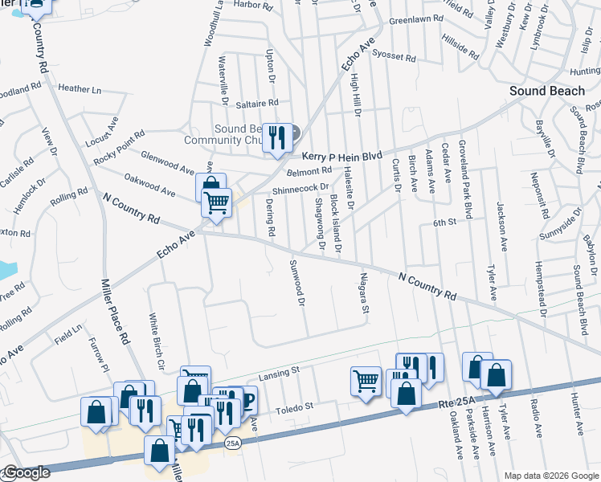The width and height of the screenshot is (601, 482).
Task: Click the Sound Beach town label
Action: [x=547, y=91]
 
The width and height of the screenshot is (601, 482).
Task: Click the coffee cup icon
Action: [x=245, y=399]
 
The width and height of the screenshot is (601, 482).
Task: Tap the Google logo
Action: [x=26, y=473]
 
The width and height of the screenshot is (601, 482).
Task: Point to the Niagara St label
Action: [x=364, y=296]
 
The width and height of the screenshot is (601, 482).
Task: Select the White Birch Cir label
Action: [x=155, y=340]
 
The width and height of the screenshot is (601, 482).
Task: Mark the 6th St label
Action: [x=444, y=222]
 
